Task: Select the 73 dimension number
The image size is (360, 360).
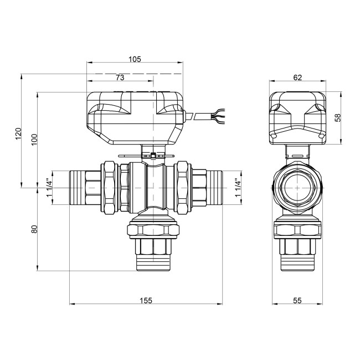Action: (x=120, y=78)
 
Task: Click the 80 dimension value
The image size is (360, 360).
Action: (x=34, y=229)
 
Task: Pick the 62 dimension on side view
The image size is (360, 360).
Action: (x=297, y=78)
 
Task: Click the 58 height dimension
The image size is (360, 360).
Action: (x=338, y=117)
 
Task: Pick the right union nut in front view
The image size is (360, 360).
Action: (x=183, y=187)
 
